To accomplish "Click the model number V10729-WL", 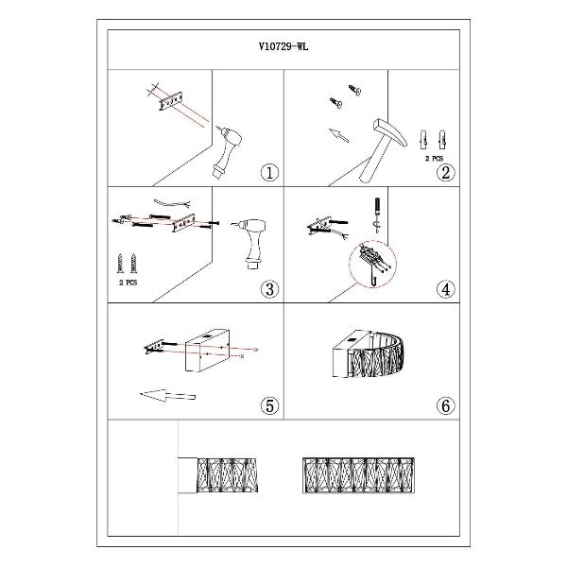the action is [x=283, y=46].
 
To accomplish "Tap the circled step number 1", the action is [x=269, y=173].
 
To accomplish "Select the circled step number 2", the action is [x=445, y=173].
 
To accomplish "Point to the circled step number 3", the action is [x=269, y=289].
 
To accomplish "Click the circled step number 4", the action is [x=445, y=289].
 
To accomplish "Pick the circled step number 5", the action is [x=269, y=405].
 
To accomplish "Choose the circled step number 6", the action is [x=445, y=405].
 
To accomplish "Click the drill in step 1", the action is [x=228, y=152].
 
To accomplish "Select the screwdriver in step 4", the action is [x=377, y=215].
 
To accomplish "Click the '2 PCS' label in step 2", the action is [x=434, y=159].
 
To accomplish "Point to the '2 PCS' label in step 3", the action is [x=128, y=283].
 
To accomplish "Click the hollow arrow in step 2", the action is [x=339, y=135].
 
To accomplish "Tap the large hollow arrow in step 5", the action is [x=167, y=395].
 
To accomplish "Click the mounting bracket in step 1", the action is [x=171, y=102].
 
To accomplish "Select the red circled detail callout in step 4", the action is [x=373, y=265].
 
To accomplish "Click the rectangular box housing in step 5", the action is [x=207, y=350].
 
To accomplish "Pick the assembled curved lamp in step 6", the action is [x=368, y=353].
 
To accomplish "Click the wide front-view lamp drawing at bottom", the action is [x=358, y=475].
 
